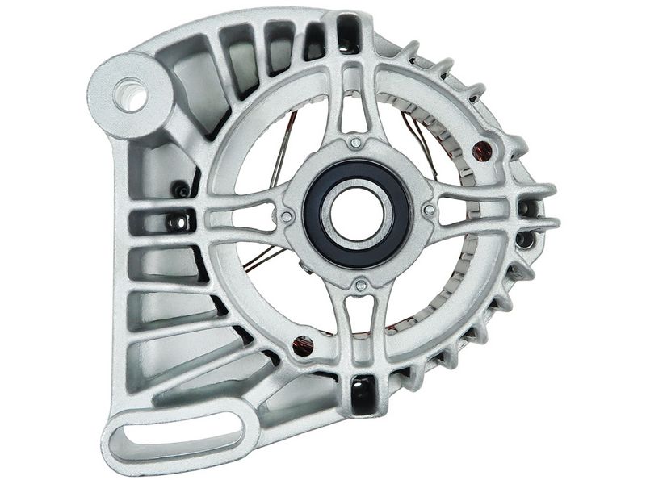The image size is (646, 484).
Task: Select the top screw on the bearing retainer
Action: [356, 143]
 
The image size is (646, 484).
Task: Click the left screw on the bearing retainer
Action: [286, 216]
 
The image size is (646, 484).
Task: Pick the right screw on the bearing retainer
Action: [429, 211]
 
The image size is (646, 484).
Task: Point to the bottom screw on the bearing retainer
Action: [361, 285]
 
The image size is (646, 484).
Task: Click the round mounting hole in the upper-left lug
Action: [130, 95]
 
